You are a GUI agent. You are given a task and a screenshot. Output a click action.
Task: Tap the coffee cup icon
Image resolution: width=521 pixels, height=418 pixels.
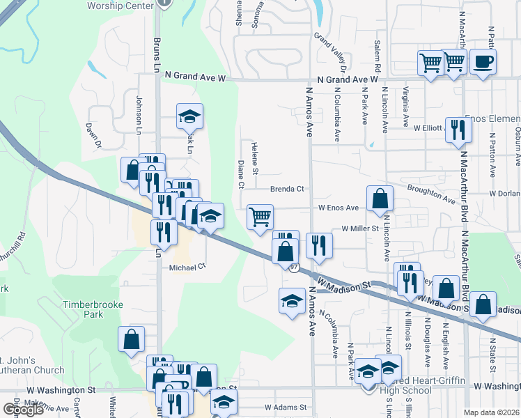pos(483,62)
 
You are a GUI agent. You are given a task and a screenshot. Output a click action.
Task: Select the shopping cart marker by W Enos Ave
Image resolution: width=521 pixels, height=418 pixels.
pos(260,217)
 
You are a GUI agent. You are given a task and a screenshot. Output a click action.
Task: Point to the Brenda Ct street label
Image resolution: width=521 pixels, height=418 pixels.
pos(288,189)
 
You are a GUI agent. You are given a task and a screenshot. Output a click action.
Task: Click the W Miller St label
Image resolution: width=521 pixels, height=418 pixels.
pos(358,228)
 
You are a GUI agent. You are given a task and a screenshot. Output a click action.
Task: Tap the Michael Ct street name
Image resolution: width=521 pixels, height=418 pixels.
pos(187,266)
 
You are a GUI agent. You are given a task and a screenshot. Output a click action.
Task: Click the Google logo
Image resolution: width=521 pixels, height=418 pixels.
pos(23,410)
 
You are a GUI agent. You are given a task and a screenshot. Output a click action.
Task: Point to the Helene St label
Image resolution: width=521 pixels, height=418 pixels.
pos(255,157)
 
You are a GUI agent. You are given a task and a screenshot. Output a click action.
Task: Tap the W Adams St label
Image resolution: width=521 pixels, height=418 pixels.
pos(285,407)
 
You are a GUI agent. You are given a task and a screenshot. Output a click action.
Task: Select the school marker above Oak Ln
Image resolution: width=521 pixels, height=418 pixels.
pos(189,117)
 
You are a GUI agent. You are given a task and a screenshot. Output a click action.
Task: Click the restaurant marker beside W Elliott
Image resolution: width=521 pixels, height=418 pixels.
pos(458,130)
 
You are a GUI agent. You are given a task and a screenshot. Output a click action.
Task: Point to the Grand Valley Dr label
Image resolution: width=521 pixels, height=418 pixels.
pos(331,52)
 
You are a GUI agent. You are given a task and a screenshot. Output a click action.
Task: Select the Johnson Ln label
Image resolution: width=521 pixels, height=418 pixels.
pos(139,116)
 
